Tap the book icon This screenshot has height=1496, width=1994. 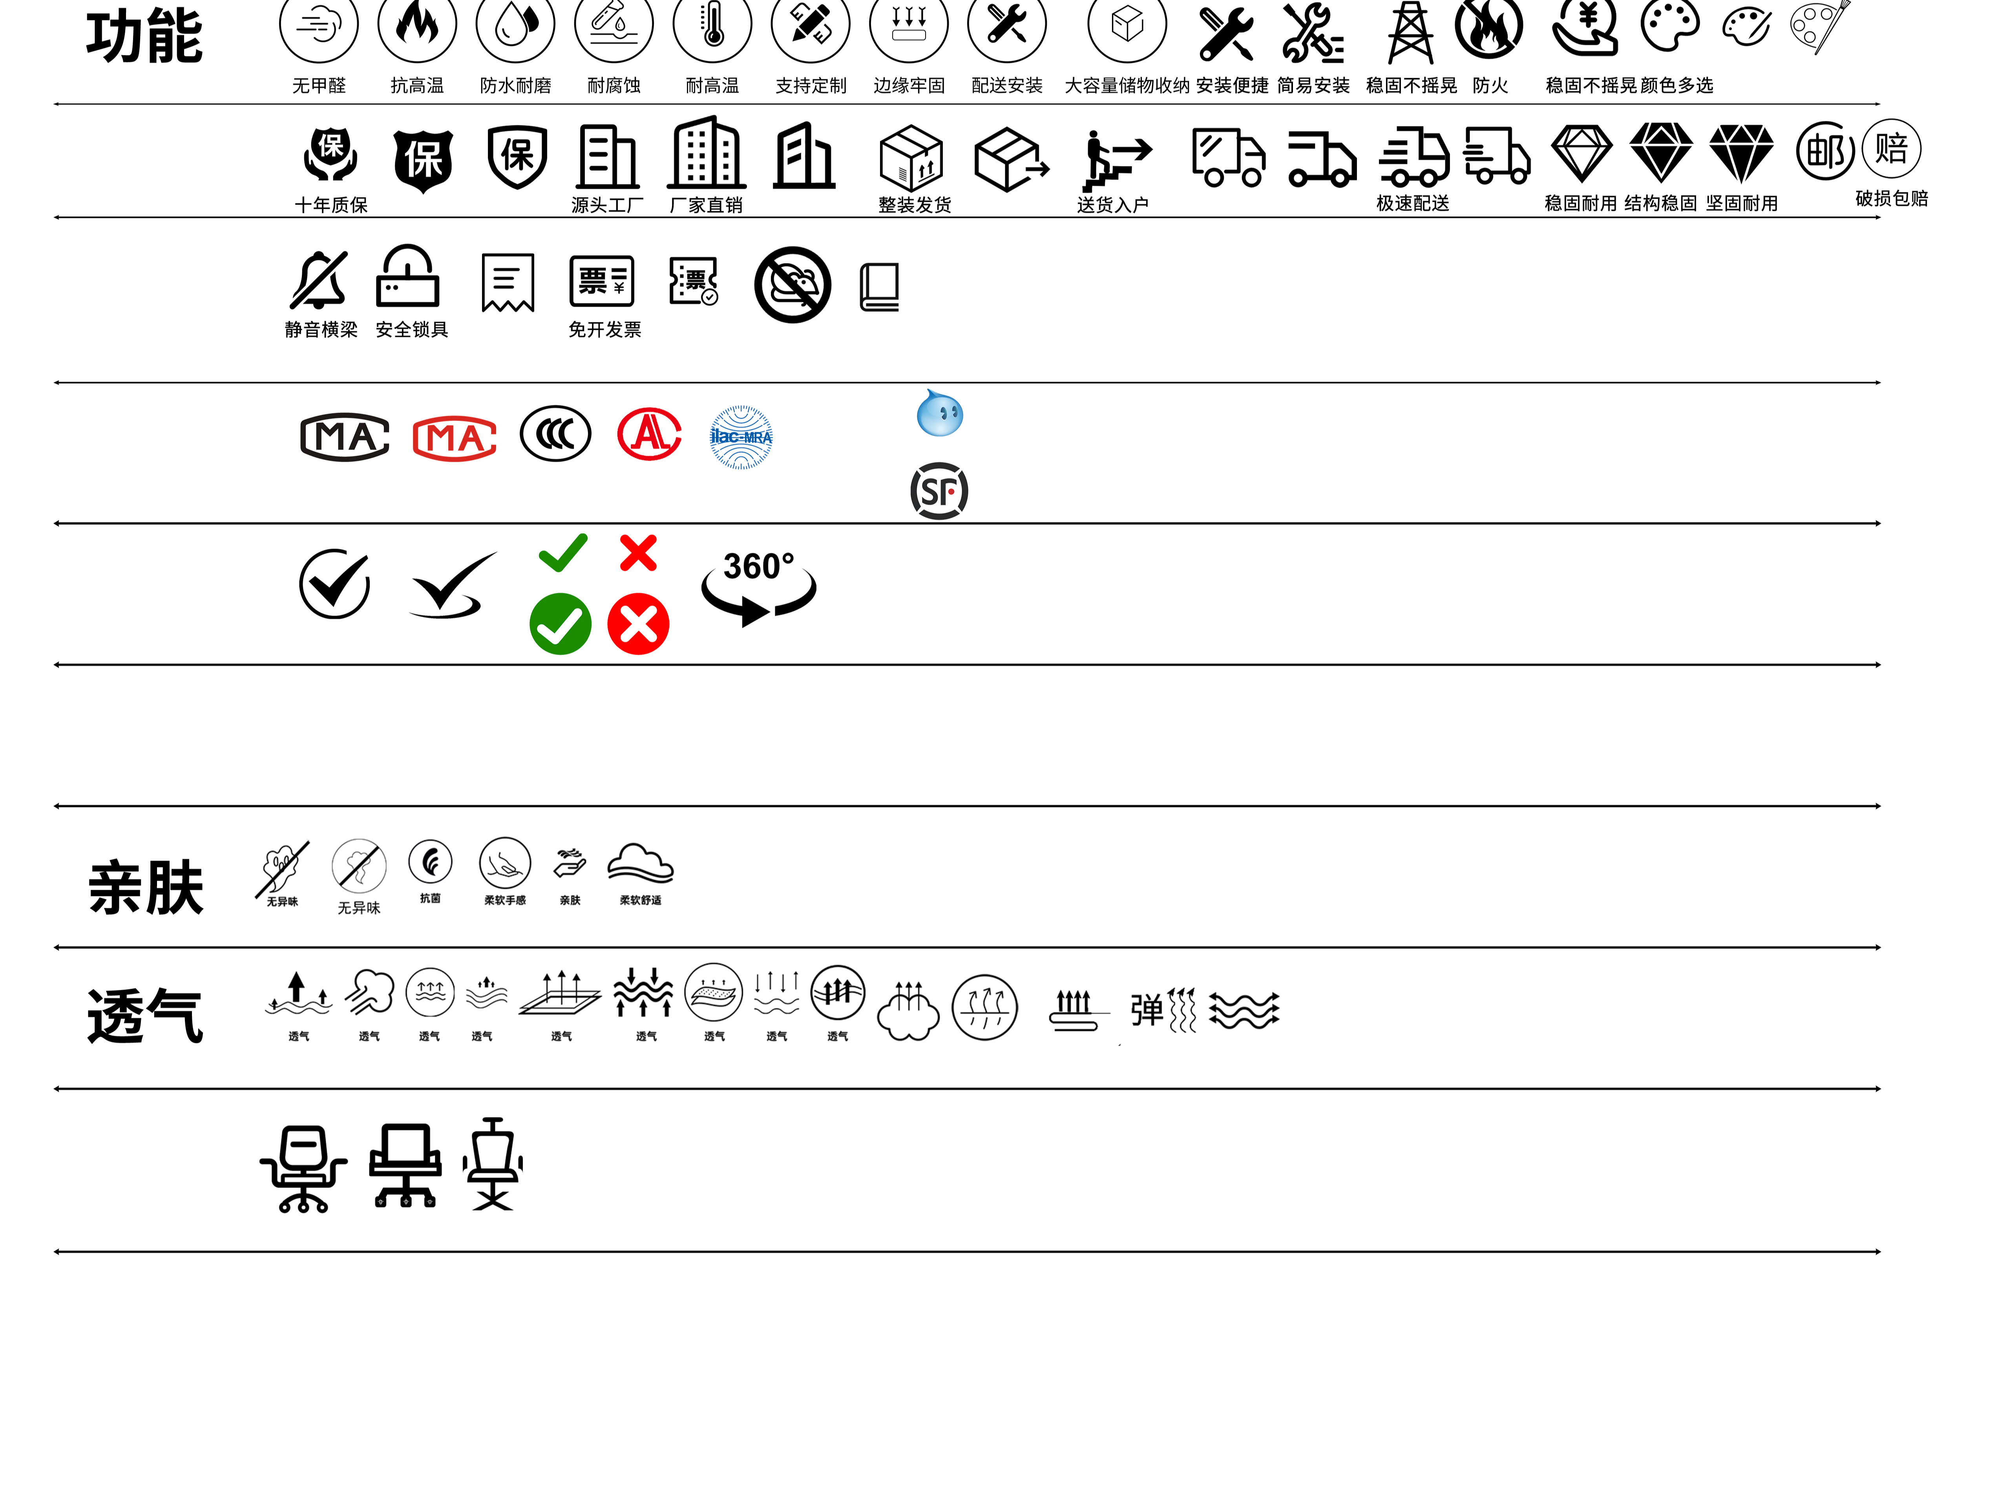[x=879, y=287]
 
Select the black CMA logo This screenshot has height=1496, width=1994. [x=344, y=437]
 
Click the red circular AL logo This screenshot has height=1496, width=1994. [x=649, y=434]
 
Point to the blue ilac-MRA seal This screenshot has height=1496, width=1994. [x=741, y=437]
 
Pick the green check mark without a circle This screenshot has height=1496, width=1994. [x=563, y=552]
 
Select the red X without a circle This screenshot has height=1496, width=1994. [x=638, y=553]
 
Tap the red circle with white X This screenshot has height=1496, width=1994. [x=638, y=624]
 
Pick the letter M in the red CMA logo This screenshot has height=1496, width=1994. [x=442, y=439]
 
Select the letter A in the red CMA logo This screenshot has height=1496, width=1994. [x=471, y=439]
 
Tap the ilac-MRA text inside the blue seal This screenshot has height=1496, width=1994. [x=741, y=437]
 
